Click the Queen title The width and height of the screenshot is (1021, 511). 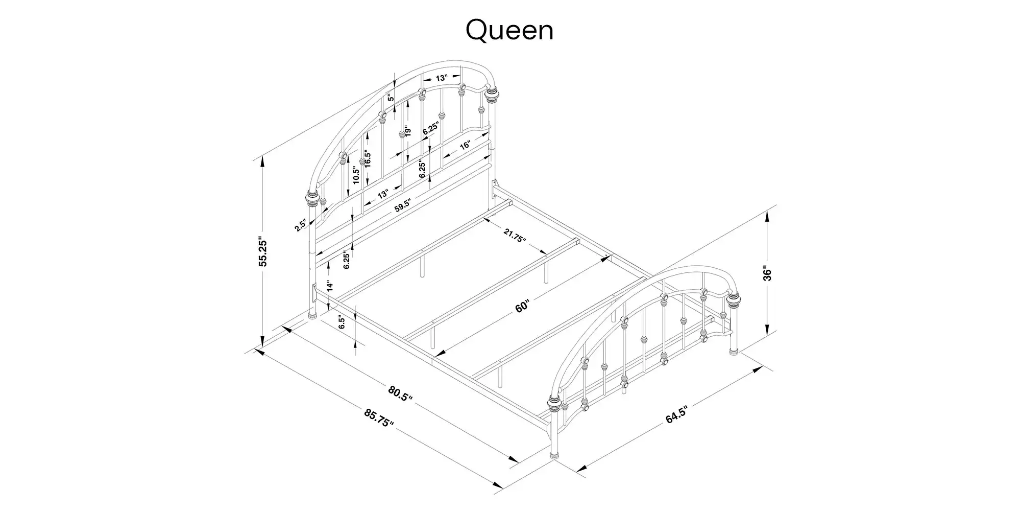pos(509,31)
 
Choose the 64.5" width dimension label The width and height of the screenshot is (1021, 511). pos(677,414)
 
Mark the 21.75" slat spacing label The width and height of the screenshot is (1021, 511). pos(515,236)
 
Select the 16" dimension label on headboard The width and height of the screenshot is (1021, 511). pos(464,146)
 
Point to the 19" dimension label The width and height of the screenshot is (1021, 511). pos(407,132)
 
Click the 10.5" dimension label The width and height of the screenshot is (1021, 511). pos(356,175)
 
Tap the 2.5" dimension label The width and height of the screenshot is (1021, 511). pos(300,225)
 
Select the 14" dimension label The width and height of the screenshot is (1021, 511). pos(330,287)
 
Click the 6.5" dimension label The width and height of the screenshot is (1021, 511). pos(342,322)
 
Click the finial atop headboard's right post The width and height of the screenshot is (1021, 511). pos(492,95)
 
